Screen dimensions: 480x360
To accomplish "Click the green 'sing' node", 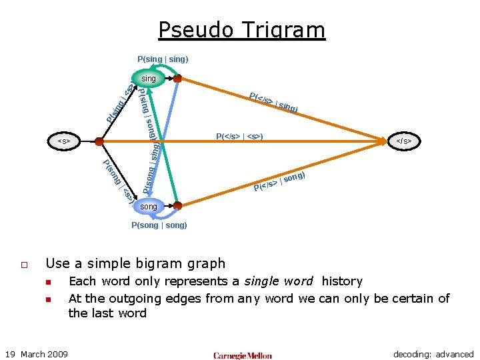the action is point(149,79).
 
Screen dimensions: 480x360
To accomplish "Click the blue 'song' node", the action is point(149,207).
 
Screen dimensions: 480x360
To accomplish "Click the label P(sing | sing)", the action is point(163,59).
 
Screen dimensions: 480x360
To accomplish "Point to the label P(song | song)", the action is point(159,225).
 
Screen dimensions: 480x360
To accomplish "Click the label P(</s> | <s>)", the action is point(239,137).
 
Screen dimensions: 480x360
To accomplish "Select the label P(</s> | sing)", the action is point(273,101).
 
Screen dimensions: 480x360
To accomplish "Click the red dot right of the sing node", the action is point(178,79).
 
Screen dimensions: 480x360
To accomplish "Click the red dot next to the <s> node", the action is point(99,141).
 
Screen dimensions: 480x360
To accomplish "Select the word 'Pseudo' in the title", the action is point(194,31).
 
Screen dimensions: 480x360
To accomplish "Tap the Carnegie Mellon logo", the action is point(243,355).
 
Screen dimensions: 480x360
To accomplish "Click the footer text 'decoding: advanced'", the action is point(433,354).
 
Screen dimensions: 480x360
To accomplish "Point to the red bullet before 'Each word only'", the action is point(49,282).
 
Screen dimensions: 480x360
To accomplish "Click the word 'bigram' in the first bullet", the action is point(153,263).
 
